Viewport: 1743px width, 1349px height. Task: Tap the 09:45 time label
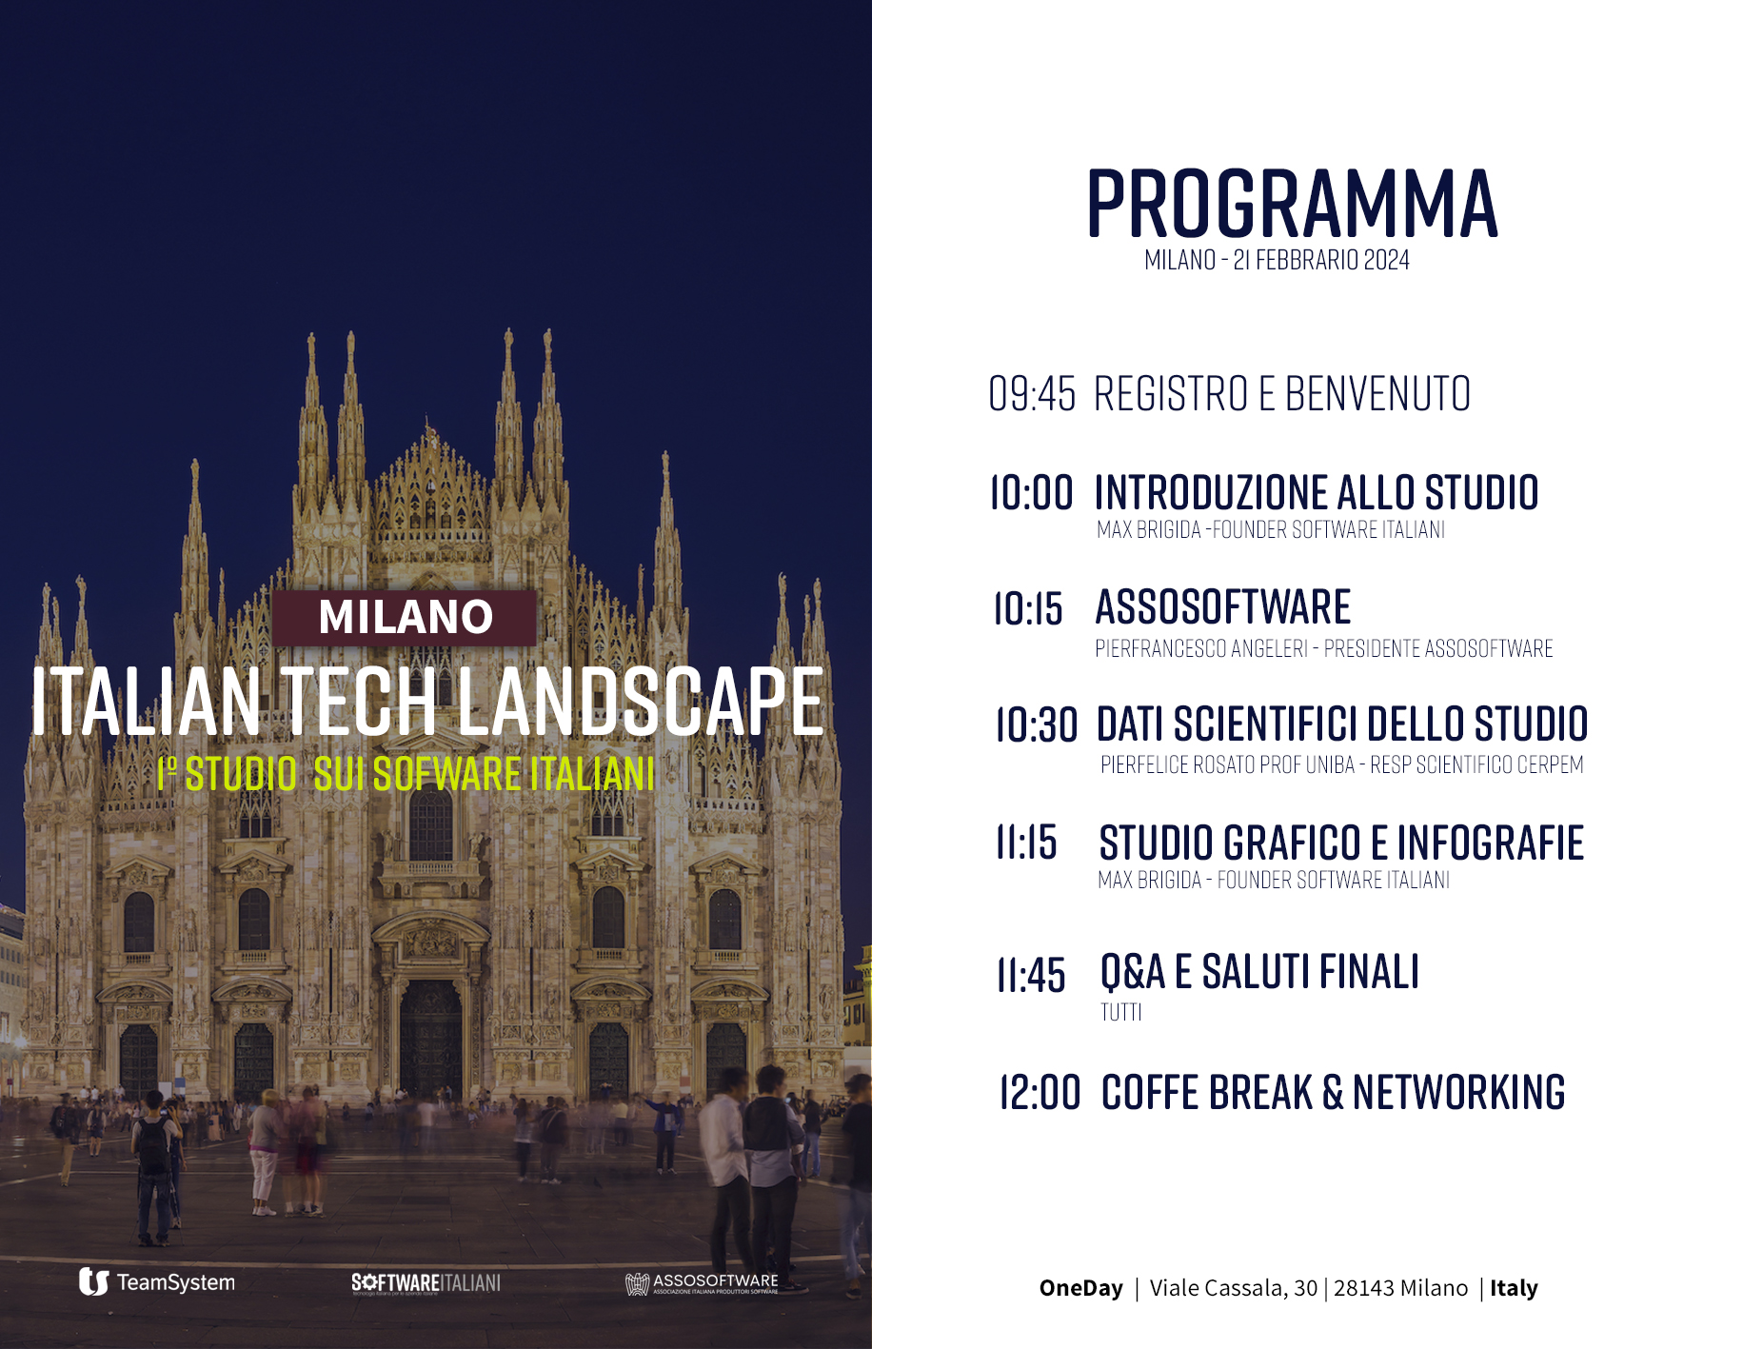click(1032, 394)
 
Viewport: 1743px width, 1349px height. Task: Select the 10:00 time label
click(1031, 493)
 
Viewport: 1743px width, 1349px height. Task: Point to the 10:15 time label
click(1028, 608)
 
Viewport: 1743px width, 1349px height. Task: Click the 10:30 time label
click(1037, 724)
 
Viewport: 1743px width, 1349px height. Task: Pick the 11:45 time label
click(1031, 976)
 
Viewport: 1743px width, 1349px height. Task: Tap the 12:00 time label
click(1040, 1092)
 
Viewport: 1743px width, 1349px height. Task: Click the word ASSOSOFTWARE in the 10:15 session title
click(1223, 607)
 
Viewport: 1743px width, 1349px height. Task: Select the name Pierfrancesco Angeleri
click(1201, 649)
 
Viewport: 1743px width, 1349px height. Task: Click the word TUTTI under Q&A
click(1121, 1012)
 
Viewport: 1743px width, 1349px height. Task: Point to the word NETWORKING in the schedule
click(1458, 1092)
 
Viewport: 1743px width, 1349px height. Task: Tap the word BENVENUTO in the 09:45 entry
click(1377, 394)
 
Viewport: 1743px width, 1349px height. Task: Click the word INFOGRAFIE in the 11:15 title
click(1490, 843)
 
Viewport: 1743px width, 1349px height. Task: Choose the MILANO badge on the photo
click(405, 617)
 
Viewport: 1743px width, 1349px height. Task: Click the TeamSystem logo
click(157, 1282)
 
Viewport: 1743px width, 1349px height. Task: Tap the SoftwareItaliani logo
click(426, 1283)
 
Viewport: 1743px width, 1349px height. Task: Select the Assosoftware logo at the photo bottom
click(702, 1283)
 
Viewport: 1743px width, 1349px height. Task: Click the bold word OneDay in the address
click(1081, 1288)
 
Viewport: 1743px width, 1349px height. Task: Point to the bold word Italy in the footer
click(1514, 1288)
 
